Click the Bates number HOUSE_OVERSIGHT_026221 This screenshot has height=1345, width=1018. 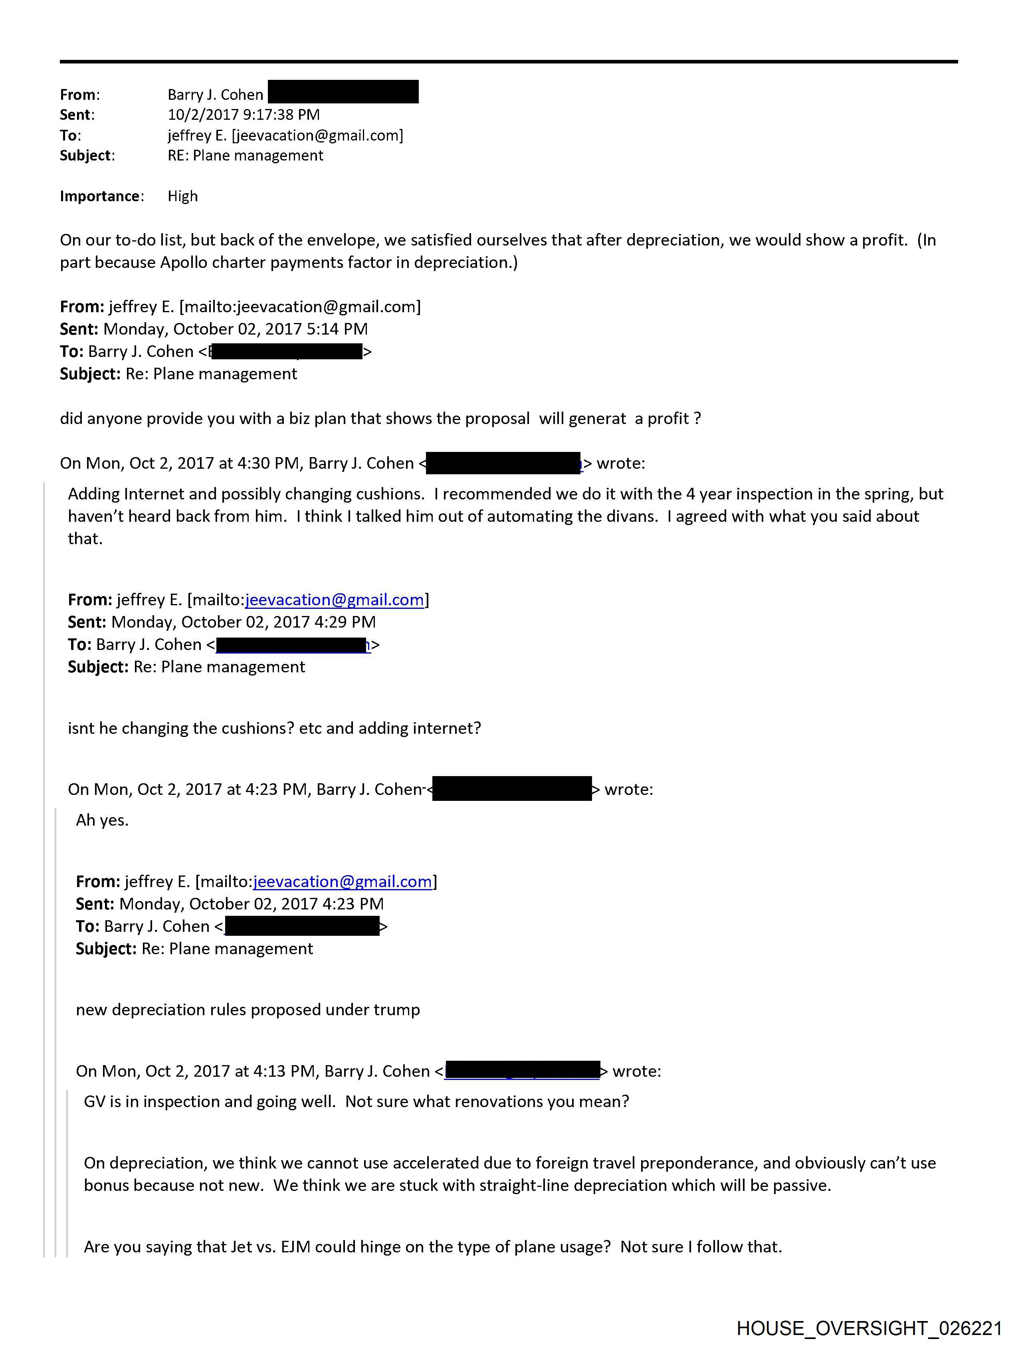869,1328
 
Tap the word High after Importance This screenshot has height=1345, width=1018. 182,196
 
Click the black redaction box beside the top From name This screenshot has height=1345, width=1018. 343,92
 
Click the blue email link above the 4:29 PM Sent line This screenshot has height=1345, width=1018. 335,600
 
